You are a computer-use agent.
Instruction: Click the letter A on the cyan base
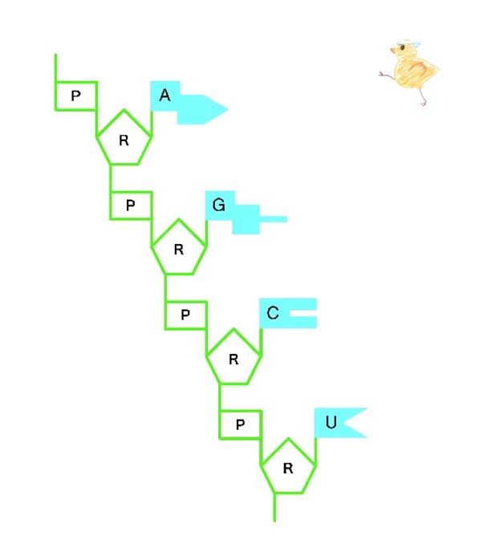click(164, 95)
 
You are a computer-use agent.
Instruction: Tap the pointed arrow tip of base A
click(228, 109)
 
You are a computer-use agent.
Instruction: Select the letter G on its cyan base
click(219, 205)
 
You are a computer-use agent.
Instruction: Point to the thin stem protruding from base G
click(274, 220)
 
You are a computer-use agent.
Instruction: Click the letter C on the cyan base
click(273, 313)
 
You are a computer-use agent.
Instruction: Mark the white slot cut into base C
click(303, 313)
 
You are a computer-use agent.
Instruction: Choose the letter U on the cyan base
click(331, 423)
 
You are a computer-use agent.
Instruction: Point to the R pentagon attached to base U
click(288, 467)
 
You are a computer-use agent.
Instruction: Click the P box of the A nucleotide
click(75, 96)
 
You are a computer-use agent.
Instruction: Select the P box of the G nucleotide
click(131, 205)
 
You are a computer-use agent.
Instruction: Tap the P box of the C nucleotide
click(185, 315)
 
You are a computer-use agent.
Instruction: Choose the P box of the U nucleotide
click(241, 424)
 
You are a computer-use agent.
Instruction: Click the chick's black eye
click(402, 47)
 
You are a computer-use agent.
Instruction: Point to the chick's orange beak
click(392, 51)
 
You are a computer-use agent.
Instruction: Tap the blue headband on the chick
click(408, 44)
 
